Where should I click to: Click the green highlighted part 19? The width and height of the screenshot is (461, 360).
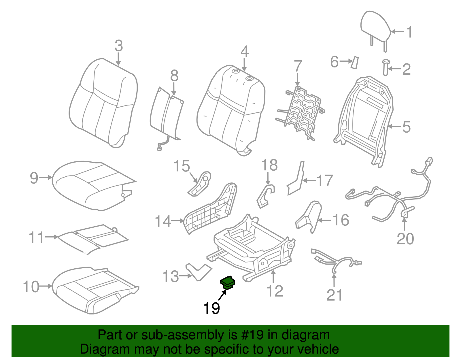pos(227,282)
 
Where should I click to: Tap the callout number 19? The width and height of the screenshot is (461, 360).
pos(211,308)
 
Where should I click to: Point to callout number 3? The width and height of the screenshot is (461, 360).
pos(119,46)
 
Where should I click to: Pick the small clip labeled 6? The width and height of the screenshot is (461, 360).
pos(354,62)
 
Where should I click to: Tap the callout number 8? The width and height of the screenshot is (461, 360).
pos(174,76)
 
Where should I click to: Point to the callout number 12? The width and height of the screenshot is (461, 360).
pos(275,291)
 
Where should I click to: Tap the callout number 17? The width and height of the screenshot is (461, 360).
pos(325,181)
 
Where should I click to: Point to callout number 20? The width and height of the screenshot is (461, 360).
pos(405,239)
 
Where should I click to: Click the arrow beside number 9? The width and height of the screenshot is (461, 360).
pos(46,178)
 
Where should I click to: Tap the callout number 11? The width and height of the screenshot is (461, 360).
pos(36,238)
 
